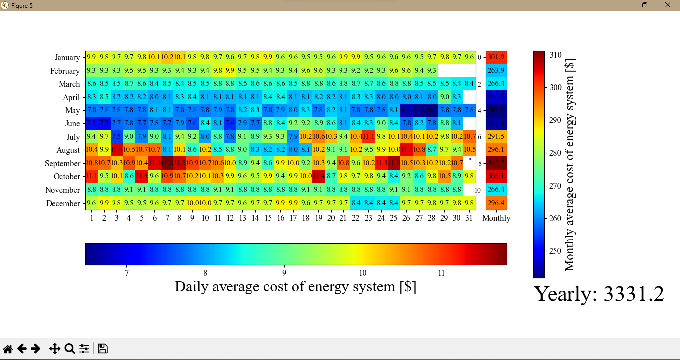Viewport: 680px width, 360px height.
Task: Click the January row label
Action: pyautogui.click(x=67, y=58)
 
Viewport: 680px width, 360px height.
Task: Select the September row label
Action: pyautogui.click(x=62, y=164)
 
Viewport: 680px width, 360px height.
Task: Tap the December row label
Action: pyautogui.click(x=63, y=203)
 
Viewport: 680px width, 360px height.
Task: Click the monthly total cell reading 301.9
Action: pyautogui.click(x=496, y=57)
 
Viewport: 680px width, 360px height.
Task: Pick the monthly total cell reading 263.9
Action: pyautogui.click(x=496, y=71)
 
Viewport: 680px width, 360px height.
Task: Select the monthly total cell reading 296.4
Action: pyautogui.click(x=496, y=203)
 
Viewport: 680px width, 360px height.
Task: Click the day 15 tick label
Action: pyautogui.click(x=268, y=218)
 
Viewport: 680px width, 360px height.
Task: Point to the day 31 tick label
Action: pyautogui.click(x=469, y=218)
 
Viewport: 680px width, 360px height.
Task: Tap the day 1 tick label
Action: pyautogui.click(x=92, y=218)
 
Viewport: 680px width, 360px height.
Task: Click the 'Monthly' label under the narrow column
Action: pyautogui.click(x=496, y=218)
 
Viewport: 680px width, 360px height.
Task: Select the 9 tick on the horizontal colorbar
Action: pyautogui.click(x=284, y=273)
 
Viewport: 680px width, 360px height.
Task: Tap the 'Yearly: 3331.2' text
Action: pyautogui.click(x=599, y=294)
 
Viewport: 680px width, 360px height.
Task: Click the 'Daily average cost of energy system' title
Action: pyautogui.click(x=296, y=287)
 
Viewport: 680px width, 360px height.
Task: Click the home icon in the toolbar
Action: pyautogui.click(x=8, y=349)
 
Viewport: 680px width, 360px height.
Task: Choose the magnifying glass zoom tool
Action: pyautogui.click(x=70, y=349)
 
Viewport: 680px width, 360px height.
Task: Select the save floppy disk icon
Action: pyautogui.click(x=103, y=349)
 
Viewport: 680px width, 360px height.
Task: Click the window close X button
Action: pyautogui.click(x=668, y=5)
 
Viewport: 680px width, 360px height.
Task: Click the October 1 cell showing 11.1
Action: pyautogui.click(x=92, y=177)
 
